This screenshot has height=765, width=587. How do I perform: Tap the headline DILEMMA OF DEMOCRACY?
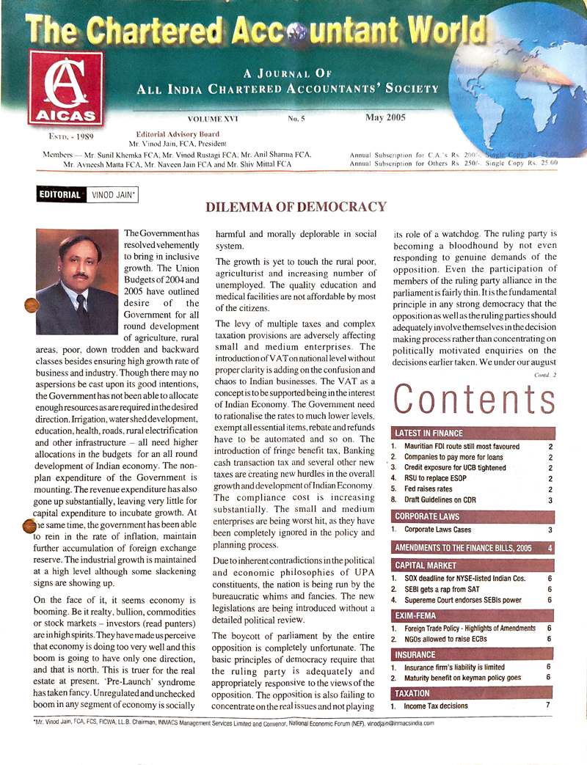pyautogui.click(x=296, y=208)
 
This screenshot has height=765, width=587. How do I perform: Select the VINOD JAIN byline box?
pyautogui.click(x=112, y=195)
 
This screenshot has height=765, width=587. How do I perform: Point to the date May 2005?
pyautogui.click(x=386, y=117)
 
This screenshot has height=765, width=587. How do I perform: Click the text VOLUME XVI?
pyautogui.click(x=213, y=119)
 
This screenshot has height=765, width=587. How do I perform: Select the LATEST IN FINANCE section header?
pyautogui.click(x=430, y=433)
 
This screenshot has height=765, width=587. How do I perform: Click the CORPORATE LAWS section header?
pyautogui.click(x=427, y=516)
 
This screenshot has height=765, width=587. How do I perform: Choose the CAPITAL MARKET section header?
pyautogui.click(x=426, y=565)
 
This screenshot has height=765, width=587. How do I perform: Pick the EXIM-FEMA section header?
pyautogui.click(x=416, y=615)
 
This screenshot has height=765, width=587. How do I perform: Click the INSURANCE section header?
pyautogui.click(x=415, y=654)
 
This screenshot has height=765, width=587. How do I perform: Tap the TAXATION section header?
pyautogui.click(x=413, y=693)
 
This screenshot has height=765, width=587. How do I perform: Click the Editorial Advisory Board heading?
pyautogui.click(x=178, y=134)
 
